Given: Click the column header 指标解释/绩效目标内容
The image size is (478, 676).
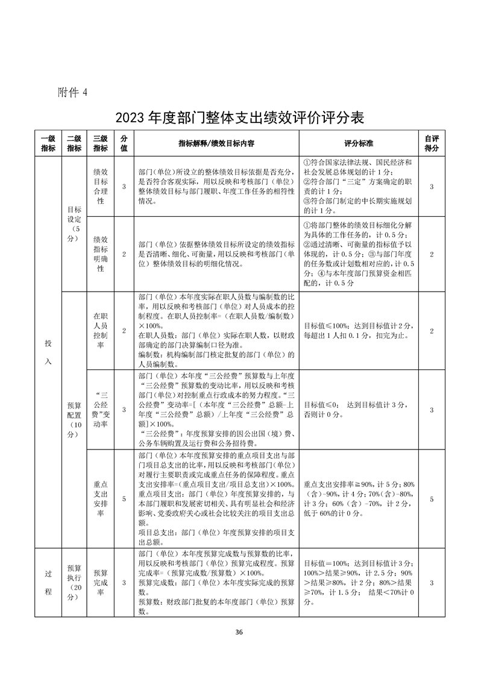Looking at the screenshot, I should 216,143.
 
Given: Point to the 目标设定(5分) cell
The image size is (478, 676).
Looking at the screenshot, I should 74,224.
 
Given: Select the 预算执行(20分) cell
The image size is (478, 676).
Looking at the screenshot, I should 74,583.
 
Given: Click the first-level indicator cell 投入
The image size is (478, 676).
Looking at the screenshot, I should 48,352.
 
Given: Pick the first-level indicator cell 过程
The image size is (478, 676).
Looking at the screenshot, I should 48,583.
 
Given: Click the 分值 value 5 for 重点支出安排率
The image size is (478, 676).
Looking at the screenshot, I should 124,499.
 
